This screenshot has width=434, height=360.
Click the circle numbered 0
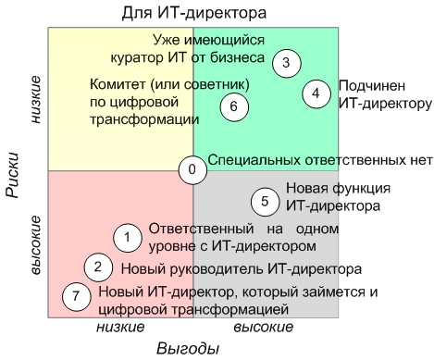[x=192, y=169]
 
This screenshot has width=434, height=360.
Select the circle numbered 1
[x=125, y=237]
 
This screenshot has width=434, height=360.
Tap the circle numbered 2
[x=97, y=267]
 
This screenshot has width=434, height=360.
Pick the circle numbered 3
[x=287, y=63]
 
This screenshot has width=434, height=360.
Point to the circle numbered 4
[x=316, y=93]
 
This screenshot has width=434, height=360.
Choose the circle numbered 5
[x=265, y=201]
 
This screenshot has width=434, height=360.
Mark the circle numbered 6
[x=235, y=106]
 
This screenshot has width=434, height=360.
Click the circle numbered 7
[x=77, y=297]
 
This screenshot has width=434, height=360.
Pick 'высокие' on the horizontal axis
[x=263, y=327]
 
